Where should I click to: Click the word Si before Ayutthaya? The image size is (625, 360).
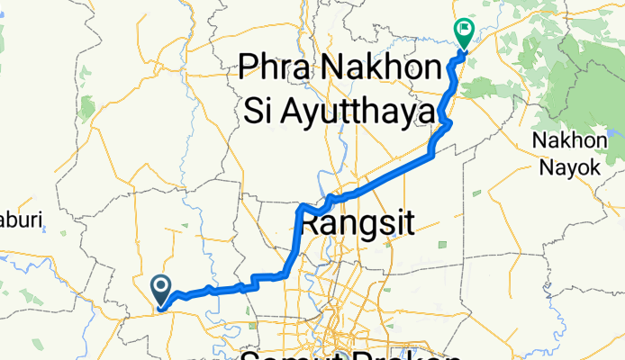point(261,109)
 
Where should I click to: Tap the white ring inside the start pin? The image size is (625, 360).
point(161,285)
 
